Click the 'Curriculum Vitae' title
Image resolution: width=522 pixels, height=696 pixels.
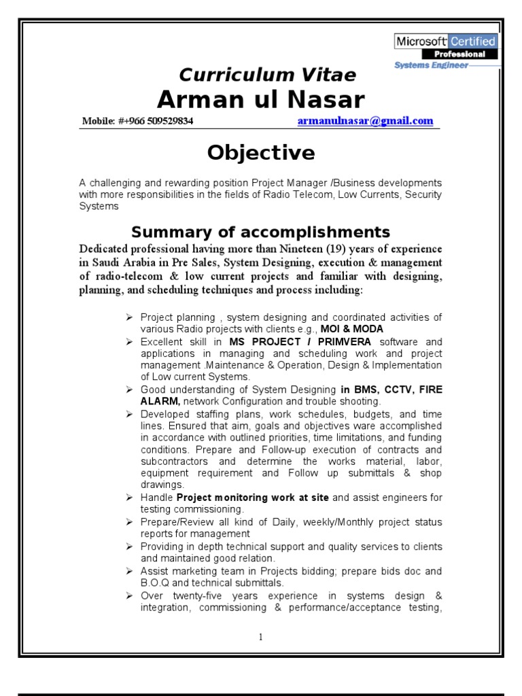coord(267,75)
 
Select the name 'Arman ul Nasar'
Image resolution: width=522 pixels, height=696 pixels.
coord(260,99)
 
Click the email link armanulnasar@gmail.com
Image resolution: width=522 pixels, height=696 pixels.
coord(365,121)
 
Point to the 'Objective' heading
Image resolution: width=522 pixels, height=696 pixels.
coord(261,153)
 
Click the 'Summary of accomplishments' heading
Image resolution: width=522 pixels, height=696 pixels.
coord(261,231)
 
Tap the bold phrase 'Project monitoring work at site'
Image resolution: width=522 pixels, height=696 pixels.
coord(253,498)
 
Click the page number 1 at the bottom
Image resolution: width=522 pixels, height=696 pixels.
coord(260,637)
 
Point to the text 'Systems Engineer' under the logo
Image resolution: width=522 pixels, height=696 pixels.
coord(432,65)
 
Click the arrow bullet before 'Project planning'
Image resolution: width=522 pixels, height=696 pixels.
coord(128,317)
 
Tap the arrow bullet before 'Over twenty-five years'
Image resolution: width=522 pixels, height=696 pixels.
coord(128,595)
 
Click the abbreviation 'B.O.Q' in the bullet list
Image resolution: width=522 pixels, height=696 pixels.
coord(154,582)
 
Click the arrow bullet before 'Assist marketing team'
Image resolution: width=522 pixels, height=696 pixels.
coord(128,571)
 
